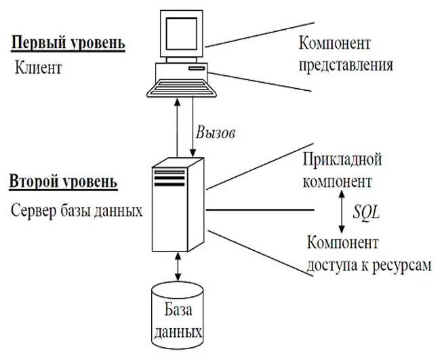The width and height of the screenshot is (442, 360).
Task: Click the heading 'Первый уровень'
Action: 68,44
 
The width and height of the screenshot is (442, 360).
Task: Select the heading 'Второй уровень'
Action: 63,182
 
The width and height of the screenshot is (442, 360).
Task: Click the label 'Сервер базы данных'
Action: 77,209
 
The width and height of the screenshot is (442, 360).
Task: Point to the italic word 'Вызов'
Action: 215,133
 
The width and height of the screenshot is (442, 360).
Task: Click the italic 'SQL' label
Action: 367,212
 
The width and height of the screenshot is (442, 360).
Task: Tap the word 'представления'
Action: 346,66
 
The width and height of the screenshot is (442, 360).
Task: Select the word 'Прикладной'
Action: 342,161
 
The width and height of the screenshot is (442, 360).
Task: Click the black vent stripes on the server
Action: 169,178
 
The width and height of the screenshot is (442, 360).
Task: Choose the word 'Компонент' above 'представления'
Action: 334,44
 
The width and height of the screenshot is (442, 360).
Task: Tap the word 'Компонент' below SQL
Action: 342,242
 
